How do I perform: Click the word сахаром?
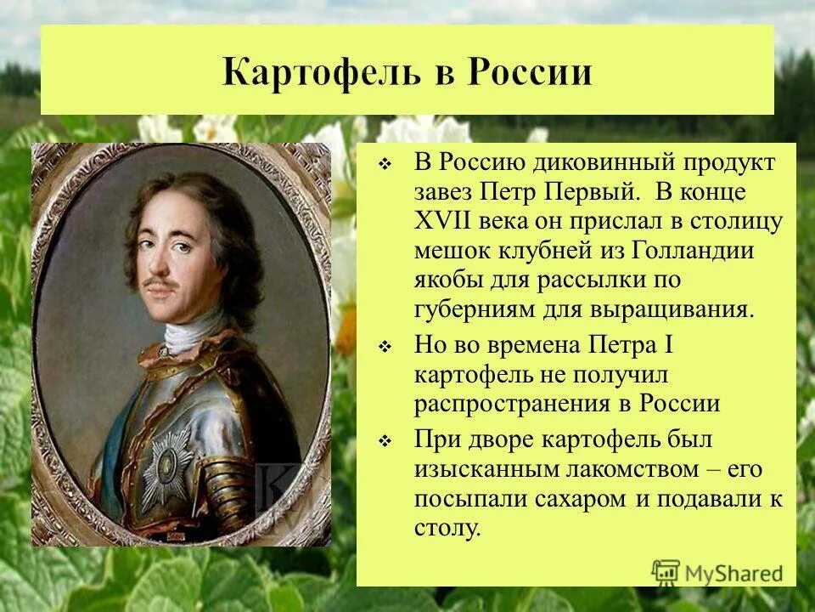[578, 498]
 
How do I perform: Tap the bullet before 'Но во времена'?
[384, 348]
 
